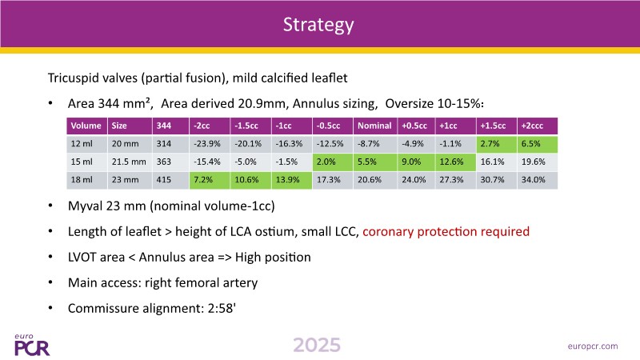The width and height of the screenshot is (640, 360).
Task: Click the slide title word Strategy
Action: tap(319, 25)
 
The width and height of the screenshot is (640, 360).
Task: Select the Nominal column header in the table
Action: tap(374, 126)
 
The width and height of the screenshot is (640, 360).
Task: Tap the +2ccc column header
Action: tap(533, 126)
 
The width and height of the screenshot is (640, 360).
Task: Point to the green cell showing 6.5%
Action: tap(532, 143)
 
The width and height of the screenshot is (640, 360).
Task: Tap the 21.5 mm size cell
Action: tap(127, 162)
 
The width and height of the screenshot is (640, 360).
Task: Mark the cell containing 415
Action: tap(165, 181)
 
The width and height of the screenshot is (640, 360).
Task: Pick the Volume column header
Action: tap(86, 126)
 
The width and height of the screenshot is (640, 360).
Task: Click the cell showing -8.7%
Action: tap(373, 143)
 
